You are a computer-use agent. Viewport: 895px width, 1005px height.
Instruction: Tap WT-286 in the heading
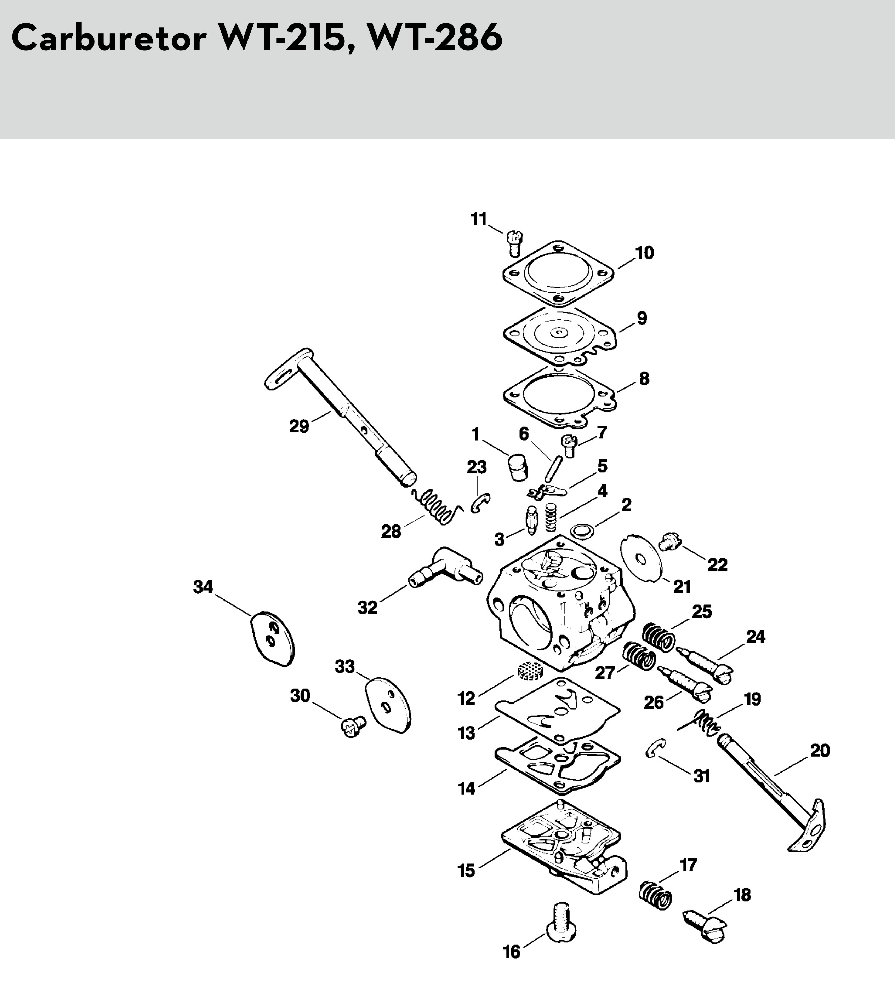tap(435, 38)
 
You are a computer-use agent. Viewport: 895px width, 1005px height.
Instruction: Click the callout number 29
tap(299, 426)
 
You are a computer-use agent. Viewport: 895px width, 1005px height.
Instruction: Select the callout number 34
tap(203, 587)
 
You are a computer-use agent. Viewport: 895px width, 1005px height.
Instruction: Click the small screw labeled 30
tap(353, 726)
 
